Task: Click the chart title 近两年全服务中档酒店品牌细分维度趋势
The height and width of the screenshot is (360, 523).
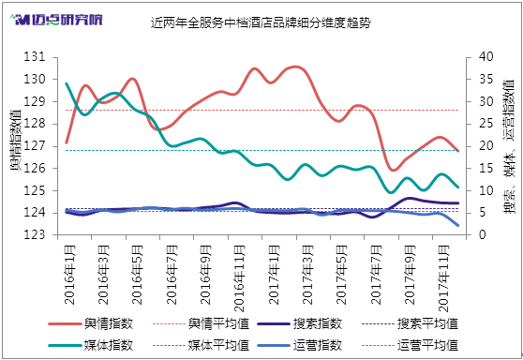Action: [261, 22]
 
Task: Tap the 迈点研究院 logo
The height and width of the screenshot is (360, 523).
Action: [56, 20]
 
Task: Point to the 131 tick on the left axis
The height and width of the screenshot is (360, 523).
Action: [34, 57]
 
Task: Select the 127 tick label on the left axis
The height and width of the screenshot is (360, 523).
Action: [34, 146]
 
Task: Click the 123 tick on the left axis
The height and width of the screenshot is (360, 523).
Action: [34, 235]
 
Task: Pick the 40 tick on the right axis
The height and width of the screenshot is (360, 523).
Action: [486, 57]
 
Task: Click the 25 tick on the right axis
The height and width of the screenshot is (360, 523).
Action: [486, 124]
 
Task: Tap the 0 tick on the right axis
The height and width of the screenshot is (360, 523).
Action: [483, 235]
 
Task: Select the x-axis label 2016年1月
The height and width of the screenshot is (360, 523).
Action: [69, 275]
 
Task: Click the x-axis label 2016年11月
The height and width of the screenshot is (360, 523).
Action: [239, 278]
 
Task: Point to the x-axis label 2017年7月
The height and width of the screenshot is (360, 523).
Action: [376, 275]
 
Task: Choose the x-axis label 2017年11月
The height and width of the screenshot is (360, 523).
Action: [443, 278]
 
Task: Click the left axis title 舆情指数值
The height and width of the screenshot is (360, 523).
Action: [15, 140]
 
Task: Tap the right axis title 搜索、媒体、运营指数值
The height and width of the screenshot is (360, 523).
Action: [509, 146]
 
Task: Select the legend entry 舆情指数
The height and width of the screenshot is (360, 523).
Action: [91, 323]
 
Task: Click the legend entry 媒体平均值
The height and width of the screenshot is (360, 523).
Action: [202, 345]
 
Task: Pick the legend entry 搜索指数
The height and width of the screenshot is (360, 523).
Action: [300, 323]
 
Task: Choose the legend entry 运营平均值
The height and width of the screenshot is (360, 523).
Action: [410, 345]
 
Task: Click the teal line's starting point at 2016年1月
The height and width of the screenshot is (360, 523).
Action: [67, 83]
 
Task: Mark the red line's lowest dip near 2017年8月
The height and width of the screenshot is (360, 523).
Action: [394, 171]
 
